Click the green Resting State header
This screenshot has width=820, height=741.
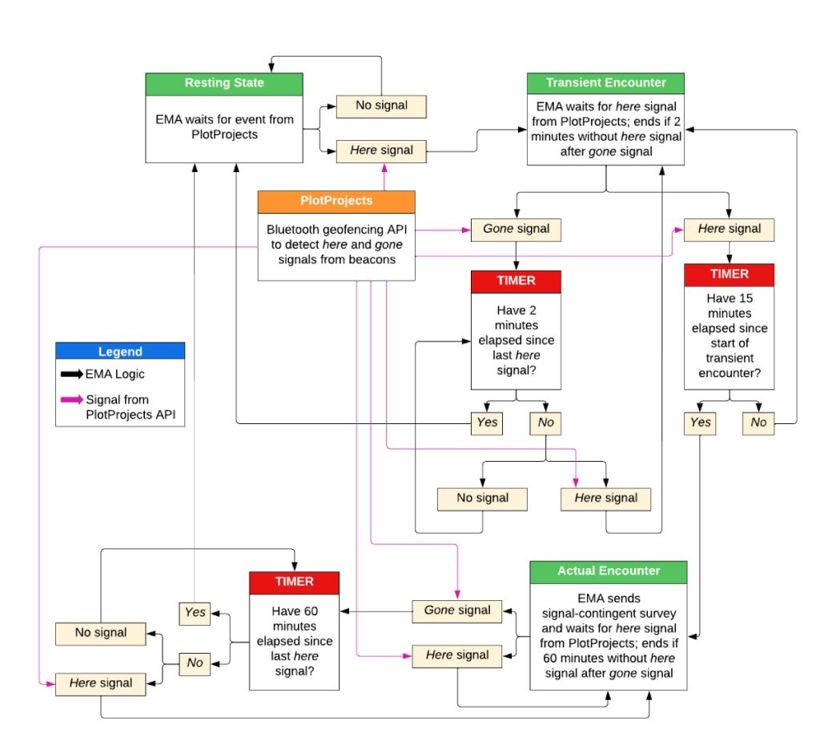tap(224, 83)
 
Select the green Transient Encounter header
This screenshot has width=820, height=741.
tap(606, 83)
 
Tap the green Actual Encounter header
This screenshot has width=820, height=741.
tap(608, 571)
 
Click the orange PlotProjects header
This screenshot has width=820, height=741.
tap(336, 201)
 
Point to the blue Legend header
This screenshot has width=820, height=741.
tap(120, 351)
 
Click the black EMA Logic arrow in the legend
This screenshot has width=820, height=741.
tap(70, 374)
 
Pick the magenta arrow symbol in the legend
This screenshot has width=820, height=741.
tap(70, 400)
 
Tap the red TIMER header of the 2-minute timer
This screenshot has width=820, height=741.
tap(516, 282)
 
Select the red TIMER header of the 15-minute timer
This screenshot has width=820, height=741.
tap(729, 274)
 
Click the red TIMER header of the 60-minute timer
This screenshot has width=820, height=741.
tap(294, 582)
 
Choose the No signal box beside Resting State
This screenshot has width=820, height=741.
tap(380, 105)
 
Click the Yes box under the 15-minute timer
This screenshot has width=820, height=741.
tap(700, 423)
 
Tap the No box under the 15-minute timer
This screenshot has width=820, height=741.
tap(758, 423)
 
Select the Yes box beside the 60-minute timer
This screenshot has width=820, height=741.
tap(195, 612)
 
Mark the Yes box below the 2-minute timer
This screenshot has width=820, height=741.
tap(486, 423)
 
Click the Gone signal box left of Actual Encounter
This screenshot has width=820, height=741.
tap(456, 610)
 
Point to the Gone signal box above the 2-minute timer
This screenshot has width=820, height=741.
tap(516, 229)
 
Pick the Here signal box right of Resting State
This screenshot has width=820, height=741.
tap(380, 150)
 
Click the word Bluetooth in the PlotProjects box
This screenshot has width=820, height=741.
tap(293, 229)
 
